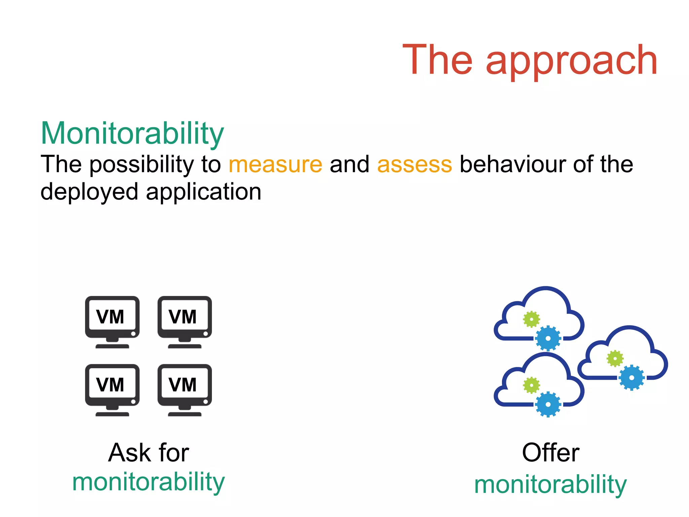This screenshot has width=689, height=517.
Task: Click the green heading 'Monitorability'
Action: [132, 134]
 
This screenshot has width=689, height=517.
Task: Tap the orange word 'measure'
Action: [275, 164]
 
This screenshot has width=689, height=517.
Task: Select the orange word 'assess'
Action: [414, 164]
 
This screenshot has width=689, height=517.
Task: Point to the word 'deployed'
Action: [89, 192]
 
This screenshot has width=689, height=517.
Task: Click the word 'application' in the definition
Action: [204, 192]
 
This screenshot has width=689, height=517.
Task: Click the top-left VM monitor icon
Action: [112, 321]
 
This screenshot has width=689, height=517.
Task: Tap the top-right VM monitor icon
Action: [185, 321]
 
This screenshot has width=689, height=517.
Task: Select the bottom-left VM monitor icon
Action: [112, 389]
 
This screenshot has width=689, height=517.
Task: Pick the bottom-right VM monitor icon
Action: [185, 389]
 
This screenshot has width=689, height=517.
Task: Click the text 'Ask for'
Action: [149, 453]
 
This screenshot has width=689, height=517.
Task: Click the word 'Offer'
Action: [550, 453]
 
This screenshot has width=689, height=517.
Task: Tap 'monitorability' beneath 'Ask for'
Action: [148, 482]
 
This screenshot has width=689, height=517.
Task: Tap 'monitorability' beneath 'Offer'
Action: [550, 485]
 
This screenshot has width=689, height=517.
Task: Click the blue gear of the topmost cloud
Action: [548, 338]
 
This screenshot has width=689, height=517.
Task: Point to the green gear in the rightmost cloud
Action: [615, 359]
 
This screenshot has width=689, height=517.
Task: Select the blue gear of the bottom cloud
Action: [548, 404]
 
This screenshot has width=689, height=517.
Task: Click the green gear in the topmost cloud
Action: [531, 319]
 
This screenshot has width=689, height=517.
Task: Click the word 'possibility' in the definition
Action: [141, 164]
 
